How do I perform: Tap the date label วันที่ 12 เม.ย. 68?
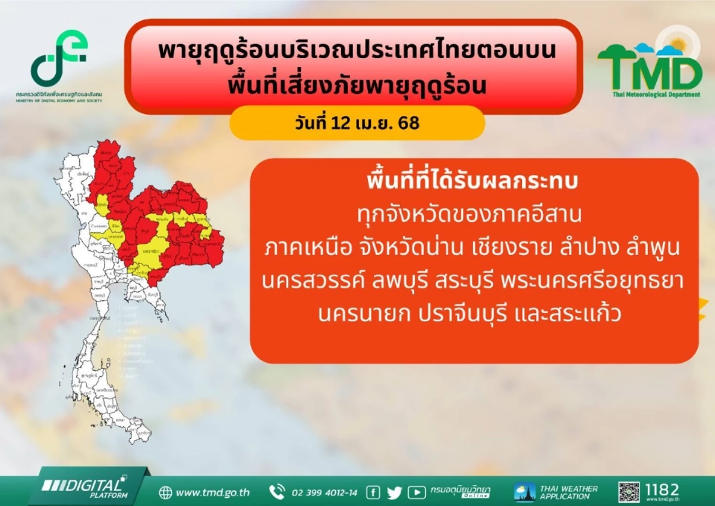(357, 123)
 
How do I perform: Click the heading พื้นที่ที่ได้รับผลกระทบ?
(474, 183)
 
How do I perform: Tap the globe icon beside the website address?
(165, 493)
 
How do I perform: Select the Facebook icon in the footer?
(374, 493)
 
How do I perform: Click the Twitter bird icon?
(394, 493)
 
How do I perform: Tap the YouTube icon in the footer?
(416, 493)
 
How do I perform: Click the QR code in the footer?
(629, 492)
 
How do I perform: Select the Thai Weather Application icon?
(524, 493)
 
